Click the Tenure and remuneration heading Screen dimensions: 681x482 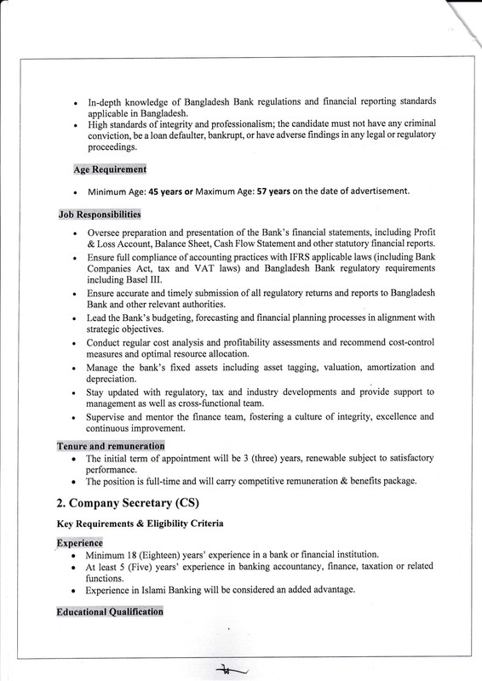click(x=110, y=446)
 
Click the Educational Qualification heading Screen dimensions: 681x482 click(x=113, y=611)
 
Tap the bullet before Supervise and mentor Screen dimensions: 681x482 click(x=77, y=417)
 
